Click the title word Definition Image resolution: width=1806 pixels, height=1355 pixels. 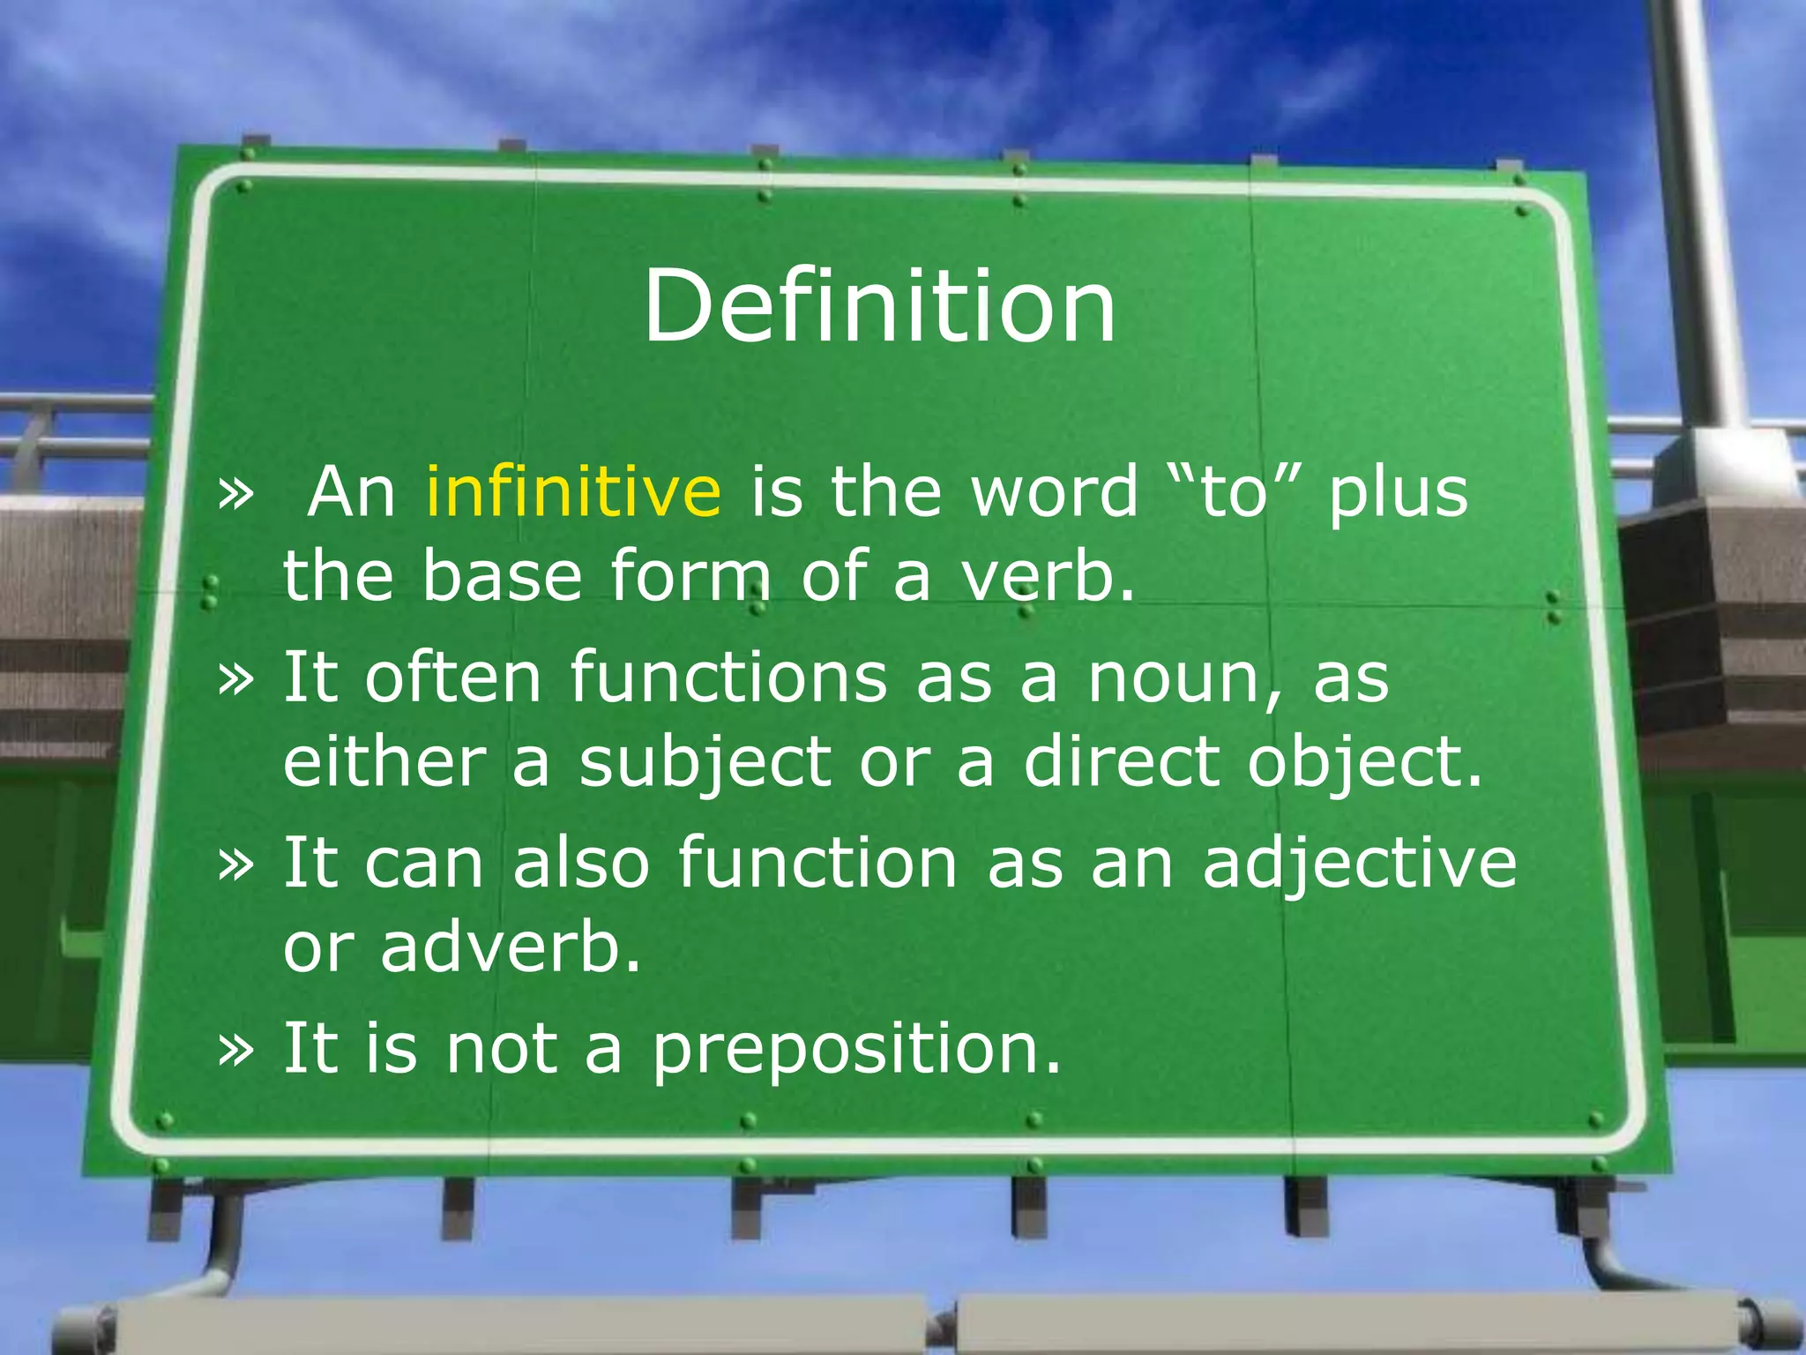coord(879,306)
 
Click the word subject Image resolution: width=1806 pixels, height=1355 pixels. coord(705,763)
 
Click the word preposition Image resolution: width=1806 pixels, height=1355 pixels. coord(855,1050)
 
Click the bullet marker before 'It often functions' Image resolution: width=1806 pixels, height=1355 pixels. coord(235,679)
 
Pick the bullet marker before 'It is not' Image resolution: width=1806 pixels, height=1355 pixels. coord(235,1050)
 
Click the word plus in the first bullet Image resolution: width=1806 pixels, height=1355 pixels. coord(1398,492)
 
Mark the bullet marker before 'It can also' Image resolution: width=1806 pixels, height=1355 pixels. coord(235,865)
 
